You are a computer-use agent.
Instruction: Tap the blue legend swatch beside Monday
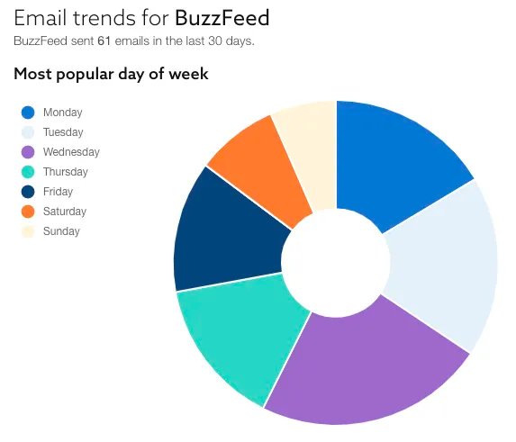(x=28, y=113)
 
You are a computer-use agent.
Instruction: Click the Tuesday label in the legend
(x=63, y=132)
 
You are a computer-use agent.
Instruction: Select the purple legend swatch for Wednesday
(x=28, y=152)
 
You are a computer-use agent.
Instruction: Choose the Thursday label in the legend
(x=65, y=172)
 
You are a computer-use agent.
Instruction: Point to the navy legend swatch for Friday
(x=28, y=192)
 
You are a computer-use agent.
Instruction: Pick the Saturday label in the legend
(x=64, y=212)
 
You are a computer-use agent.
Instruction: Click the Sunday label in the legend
(x=61, y=231)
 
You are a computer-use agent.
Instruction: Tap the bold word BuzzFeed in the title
(x=222, y=18)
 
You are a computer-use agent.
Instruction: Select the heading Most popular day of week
(x=111, y=74)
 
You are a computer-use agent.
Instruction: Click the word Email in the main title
(x=38, y=18)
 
